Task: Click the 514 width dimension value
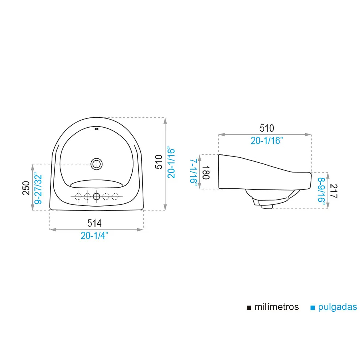tap(94, 223)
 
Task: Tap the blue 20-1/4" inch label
tap(94, 236)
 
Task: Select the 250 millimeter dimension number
tap(26, 188)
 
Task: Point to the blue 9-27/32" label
tap(38, 189)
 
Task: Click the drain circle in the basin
tap(96, 164)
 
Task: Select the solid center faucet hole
tap(96, 196)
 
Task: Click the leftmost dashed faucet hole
tap(78, 197)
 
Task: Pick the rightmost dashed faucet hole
tap(115, 197)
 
